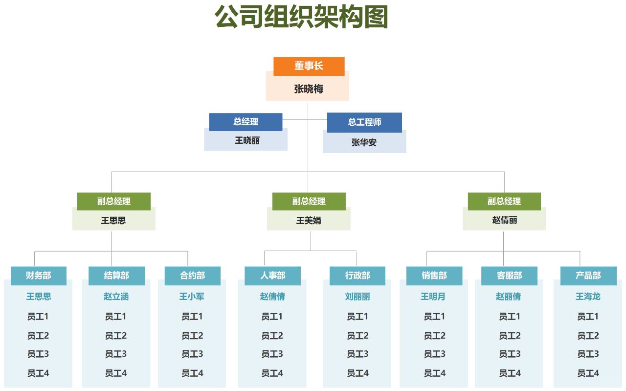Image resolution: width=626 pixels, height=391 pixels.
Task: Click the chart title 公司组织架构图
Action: point(301,17)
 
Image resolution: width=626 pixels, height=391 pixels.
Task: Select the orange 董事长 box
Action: point(309,66)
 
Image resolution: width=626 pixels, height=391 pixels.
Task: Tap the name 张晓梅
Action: point(309,89)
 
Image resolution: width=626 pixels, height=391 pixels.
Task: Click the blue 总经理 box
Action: point(246,122)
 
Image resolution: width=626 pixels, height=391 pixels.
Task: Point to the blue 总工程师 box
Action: point(364,122)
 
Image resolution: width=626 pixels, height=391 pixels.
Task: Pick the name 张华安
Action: point(364,142)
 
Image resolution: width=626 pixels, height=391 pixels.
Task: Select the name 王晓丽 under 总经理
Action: point(247,140)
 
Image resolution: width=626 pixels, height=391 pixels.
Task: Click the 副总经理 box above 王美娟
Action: point(309,202)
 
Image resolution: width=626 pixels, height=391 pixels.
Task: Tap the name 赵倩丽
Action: point(504,220)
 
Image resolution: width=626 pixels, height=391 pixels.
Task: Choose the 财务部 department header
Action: point(39,276)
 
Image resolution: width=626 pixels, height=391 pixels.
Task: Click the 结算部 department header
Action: point(116,276)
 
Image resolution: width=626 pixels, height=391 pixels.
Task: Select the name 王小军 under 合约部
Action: point(192,297)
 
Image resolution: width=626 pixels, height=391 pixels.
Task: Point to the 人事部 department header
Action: point(272,276)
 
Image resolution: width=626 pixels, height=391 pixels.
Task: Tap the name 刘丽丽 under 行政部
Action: point(358,297)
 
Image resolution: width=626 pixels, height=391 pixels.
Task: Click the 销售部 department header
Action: point(434,276)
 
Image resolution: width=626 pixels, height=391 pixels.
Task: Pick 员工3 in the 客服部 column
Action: point(510,354)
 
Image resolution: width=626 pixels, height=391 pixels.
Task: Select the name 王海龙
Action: point(588,297)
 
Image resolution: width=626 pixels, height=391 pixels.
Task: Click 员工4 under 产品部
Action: point(588,373)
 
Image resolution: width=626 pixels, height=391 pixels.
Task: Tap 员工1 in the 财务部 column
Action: point(38,317)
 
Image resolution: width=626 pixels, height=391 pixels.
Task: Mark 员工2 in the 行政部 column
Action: point(358,336)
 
